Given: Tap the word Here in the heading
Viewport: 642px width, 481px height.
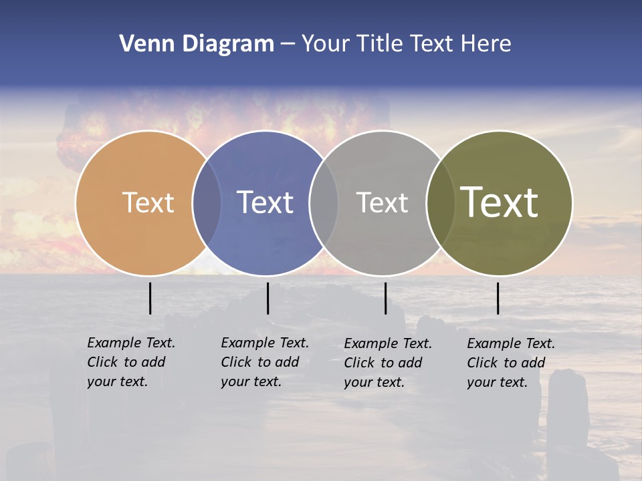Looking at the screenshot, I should pyautogui.click(x=486, y=44).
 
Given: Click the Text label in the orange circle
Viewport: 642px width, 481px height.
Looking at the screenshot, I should pyautogui.click(x=148, y=202).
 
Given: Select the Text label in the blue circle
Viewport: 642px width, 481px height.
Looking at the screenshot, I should pyautogui.click(x=265, y=202).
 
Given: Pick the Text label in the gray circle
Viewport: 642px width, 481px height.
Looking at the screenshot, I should pyautogui.click(x=382, y=202).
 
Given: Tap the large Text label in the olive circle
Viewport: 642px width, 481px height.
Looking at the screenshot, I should pyautogui.click(x=499, y=202).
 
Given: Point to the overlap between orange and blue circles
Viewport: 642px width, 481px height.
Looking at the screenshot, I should pyautogui.click(x=207, y=202).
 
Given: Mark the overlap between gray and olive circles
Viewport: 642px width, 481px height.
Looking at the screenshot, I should pyautogui.click(x=439, y=202).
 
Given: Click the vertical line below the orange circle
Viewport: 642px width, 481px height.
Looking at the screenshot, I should pyautogui.click(x=150, y=298).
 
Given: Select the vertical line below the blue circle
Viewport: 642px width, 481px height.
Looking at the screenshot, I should pyautogui.click(x=267, y=298).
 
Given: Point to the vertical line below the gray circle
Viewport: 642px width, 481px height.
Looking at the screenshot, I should pyautogui.click(x=385, y=298).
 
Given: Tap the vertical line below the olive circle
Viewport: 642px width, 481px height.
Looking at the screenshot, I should pyautogui.click(x=498, y=298).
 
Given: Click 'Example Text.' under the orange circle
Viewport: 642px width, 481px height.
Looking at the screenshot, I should pyautogui.click(x=131, y=343).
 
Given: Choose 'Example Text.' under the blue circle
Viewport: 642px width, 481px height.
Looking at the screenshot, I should pyautogui.click(x=265, y=343).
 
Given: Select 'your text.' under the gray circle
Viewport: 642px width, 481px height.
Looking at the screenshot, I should pyautogui.click(x=374, y=382).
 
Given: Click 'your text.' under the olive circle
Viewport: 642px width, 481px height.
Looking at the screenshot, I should pyautogui.click(x=497, y=382).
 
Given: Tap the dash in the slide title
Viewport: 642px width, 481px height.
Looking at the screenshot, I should pyautogui.click(x=288, y=44).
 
